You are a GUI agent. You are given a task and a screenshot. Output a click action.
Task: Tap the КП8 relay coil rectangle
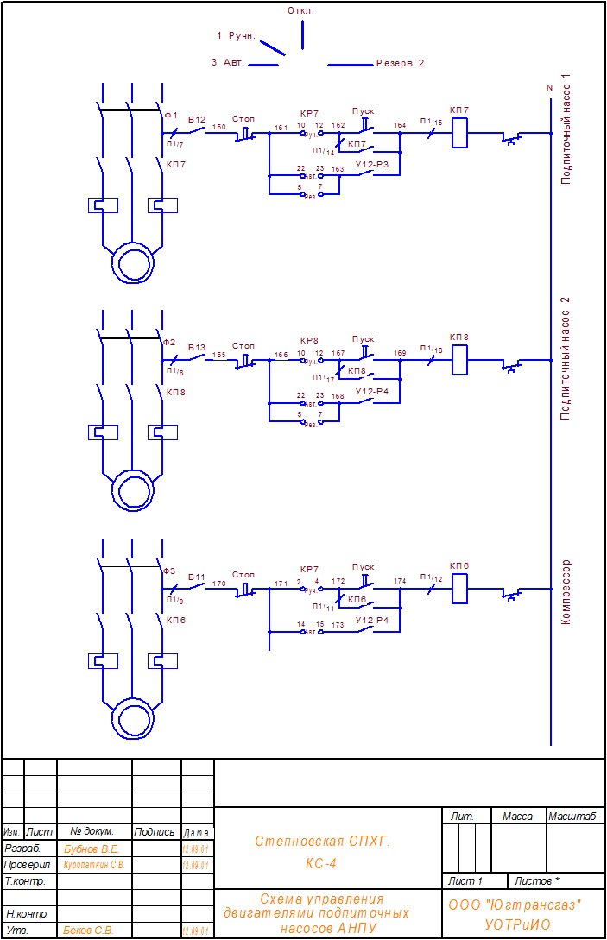point(460,361)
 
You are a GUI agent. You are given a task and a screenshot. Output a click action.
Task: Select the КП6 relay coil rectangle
point(460,589)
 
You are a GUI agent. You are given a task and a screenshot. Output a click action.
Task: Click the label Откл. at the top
point(300,11)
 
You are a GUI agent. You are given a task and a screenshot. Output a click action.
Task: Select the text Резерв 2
point(400,63)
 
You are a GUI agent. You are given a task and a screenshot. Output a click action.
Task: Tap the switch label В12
point(197,119)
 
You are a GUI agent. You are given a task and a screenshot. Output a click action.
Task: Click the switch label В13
point(197,347)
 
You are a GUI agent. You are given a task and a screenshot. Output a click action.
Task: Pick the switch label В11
point(197,576)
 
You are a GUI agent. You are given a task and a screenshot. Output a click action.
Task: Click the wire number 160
point(219,127)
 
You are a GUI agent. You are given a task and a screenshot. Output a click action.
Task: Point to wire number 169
point(400,353)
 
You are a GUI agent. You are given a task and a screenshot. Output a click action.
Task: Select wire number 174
point(400,581)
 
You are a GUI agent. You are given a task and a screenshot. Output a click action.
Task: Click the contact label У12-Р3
point(372,164)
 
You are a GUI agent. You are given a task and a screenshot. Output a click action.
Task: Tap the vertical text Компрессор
point(566,592)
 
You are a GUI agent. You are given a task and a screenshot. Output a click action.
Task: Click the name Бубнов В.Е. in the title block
point(91,849)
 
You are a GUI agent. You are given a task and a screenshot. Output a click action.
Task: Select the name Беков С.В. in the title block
point(88,931)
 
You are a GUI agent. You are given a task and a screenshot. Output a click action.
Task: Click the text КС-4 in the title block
point(321,862)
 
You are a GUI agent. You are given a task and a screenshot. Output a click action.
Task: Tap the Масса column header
point(517,816)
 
